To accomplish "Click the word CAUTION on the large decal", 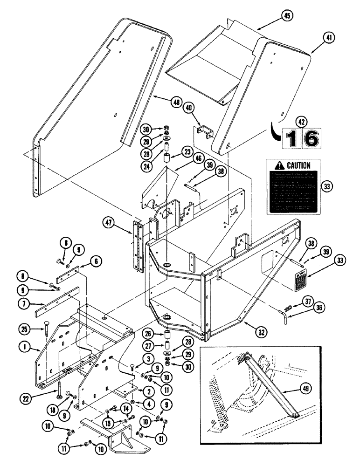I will tap(298, 165).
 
